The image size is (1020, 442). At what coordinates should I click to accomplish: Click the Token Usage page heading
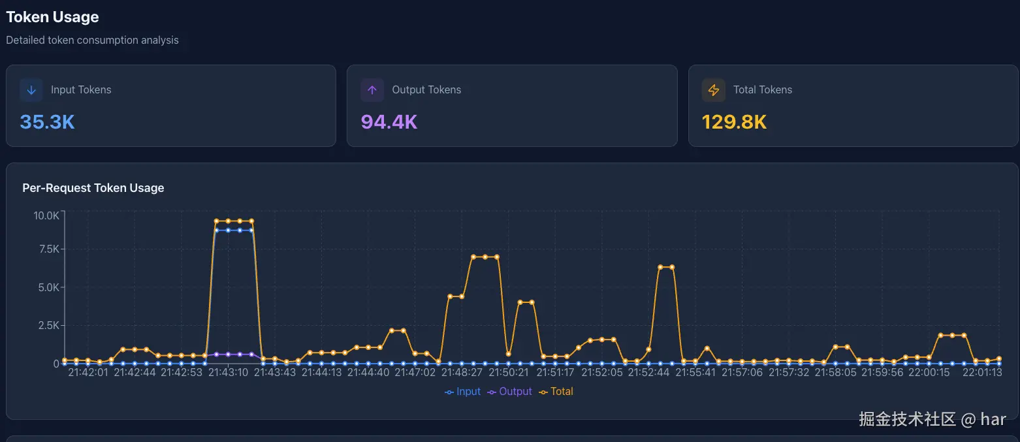52,17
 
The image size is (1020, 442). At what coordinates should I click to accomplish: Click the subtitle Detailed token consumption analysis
92,40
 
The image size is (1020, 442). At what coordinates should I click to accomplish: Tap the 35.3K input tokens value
47,121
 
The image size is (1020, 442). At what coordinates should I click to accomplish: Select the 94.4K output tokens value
389,121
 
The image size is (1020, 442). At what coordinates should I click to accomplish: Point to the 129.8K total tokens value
734,121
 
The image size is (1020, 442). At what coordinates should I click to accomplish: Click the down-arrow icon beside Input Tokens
31,90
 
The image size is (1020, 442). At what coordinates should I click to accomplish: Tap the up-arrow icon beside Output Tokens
372,90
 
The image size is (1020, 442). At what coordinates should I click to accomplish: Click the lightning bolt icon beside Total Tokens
713,90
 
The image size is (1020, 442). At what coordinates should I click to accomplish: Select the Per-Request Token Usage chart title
93,188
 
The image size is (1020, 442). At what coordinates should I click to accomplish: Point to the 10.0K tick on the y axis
46,215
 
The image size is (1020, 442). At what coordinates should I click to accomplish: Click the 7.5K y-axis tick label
48,249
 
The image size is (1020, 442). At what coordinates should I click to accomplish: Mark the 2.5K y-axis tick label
48,325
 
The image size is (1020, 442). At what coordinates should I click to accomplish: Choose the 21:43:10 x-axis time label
228,373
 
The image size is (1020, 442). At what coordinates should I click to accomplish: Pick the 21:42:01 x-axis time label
88,373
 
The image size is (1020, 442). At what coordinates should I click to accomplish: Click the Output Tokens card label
426,90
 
